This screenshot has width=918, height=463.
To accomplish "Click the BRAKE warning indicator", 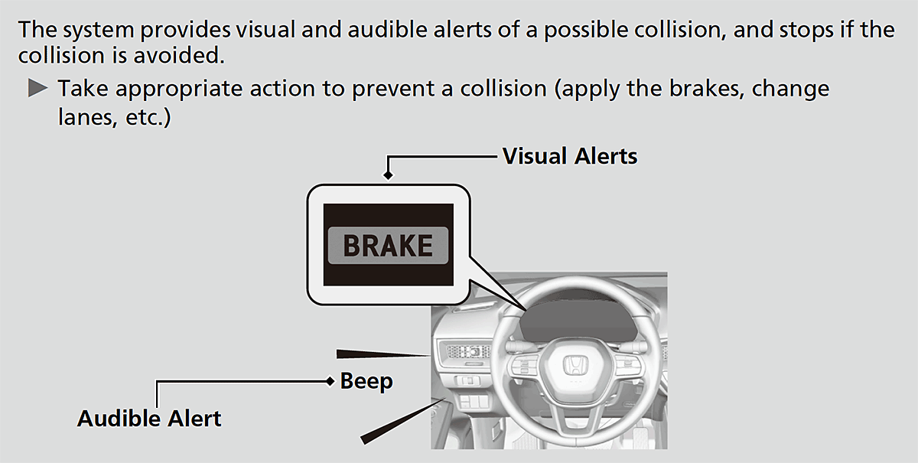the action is (x=388, y=245).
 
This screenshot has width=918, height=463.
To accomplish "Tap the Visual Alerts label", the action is (x=570, y=156).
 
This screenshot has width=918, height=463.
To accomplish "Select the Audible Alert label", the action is (x=149, y=419).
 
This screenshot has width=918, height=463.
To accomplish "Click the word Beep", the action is (x=366, y=381).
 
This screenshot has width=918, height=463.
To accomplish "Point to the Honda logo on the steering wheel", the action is (x=575, y=364).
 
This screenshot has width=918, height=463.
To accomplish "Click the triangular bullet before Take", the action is (x=37, y=88).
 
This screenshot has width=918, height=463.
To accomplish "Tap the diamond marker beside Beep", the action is (x=330, y=381).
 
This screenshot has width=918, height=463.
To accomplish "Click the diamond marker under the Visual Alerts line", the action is (x=388, y=175).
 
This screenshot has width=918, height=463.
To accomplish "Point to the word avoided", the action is (x=179, y=55).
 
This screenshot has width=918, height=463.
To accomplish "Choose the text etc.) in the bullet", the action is (x=148, y=118).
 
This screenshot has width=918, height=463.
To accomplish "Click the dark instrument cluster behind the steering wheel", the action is (x=578, y=321).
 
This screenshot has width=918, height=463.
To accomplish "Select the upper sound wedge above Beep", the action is (x=382, y=354).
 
